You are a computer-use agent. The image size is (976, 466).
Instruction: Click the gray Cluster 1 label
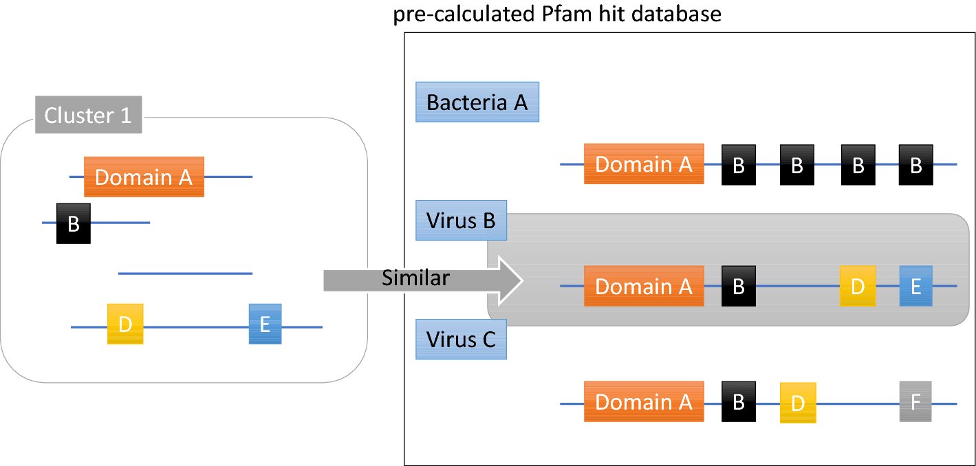(88, 115)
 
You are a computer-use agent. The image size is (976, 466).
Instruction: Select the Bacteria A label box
(477, 102)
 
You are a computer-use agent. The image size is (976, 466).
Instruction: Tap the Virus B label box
(461, 221)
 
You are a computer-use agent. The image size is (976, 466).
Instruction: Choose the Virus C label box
(461, 340)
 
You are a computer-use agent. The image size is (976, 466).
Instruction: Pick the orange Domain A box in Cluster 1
(144, 177)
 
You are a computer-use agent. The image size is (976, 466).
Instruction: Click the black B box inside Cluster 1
(74, 223)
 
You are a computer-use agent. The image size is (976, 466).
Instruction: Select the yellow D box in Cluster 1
(125, 324)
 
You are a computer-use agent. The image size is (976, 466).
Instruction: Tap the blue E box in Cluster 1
(265, 324)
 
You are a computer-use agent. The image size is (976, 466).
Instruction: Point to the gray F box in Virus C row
(915, 402)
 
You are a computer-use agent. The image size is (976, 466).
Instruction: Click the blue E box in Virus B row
(915, 286)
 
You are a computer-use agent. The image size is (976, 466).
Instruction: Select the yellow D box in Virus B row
(857, 286)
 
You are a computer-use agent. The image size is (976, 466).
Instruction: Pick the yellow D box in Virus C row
(798, 403)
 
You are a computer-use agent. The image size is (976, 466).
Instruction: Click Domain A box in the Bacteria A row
(644, 164)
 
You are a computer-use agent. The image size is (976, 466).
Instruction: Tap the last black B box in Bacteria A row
(915, 165)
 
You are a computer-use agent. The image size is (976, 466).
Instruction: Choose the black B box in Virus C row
(739, 401)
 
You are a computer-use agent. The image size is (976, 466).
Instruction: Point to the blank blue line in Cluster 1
(185, 274)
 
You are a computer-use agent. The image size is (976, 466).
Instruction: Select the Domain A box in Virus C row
(644, 402)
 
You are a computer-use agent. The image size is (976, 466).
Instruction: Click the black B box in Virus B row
(739, 286)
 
